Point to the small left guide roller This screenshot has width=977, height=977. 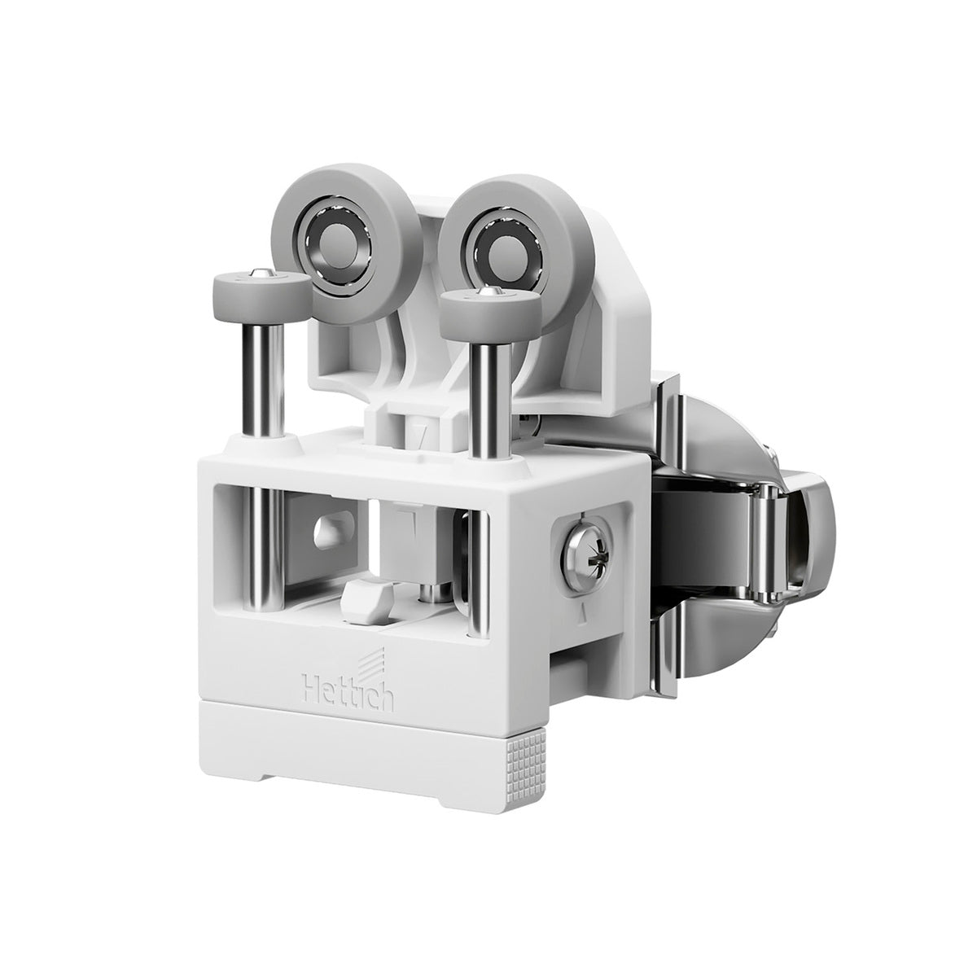[x=262, y=297]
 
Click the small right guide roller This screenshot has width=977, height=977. [x=490, y=311]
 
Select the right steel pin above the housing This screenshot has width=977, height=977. [x=490, y=400]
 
